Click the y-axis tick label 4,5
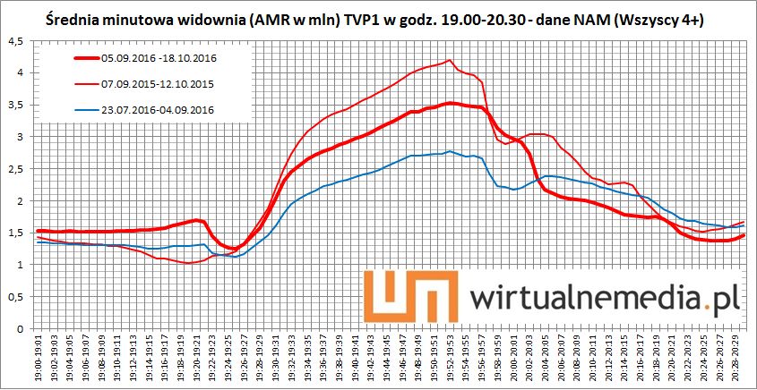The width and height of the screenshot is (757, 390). (x=14, y=41)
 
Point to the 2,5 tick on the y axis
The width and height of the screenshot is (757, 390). (x=14, y=169)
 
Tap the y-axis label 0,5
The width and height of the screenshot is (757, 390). (x=14, y=297)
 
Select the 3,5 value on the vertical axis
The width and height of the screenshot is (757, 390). (x=14, y=105)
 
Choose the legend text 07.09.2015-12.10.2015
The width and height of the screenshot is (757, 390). (x=158, y=84)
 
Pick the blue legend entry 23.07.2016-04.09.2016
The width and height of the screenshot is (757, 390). (x=158, y=110)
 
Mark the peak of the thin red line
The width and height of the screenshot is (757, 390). (x=448, y=61)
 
